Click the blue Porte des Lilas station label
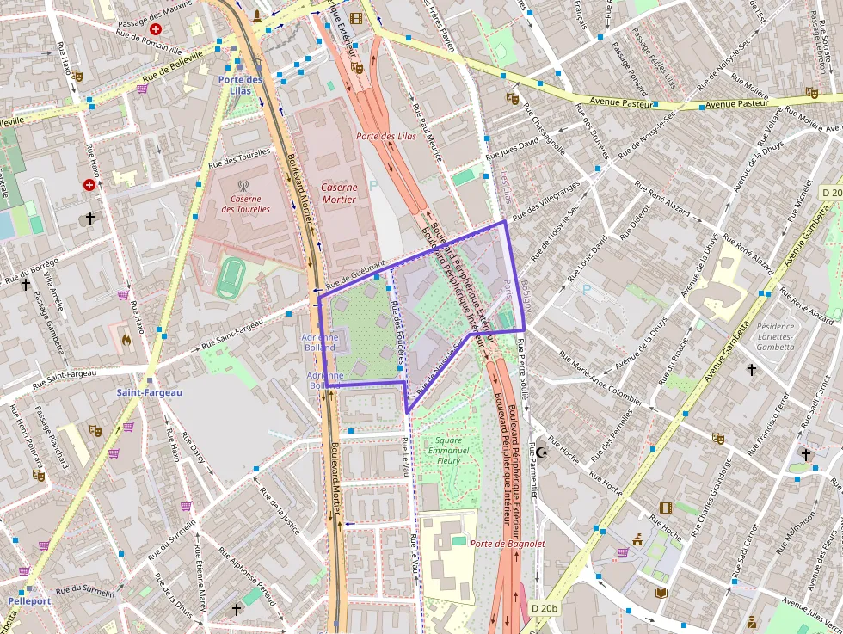pos(239,84)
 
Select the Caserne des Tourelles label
pos(245,203)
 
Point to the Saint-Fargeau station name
pos(150,392)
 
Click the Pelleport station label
pos(29,600)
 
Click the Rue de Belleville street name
pos(173,66)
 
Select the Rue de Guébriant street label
pos(354,273)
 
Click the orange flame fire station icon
pos(126,340)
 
